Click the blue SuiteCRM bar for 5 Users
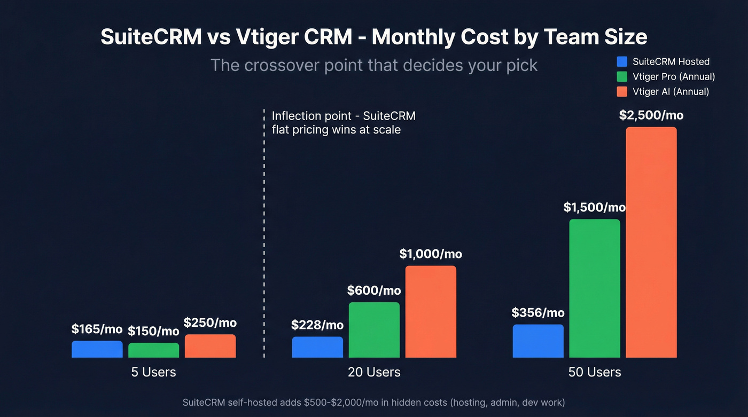pyautogui.click(x=97, y=349)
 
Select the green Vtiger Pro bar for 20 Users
pyautogui.click(x=374, y=330)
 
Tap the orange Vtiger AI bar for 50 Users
pyautogui.click(x=651, y=242)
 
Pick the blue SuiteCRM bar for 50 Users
pyautogui.click(x=537, y=341)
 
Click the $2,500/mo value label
pyautogui.click(x=651, y=115)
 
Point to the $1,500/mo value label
pyautogui.click(x=594, y=208)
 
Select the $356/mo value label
pyautogui.click(x=537, y=313)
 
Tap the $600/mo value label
pyautogui.click(x=374, y=290)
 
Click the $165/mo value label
pyautogui.click(x=97, y=329)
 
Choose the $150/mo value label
pyautogui.click(x=153, y=331)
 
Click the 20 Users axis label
pyautogui.click(x=374, y=372)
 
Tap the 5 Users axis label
pyautogui.click(x=153, y=372)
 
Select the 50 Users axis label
pyautogui.click(x=595, y=372)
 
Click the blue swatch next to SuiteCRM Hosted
pyautogui.click(x=621, y=61)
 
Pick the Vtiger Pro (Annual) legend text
pyautogui.click(x=673, y=76)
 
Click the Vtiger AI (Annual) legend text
pyautogui.click(x=671, y=91)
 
